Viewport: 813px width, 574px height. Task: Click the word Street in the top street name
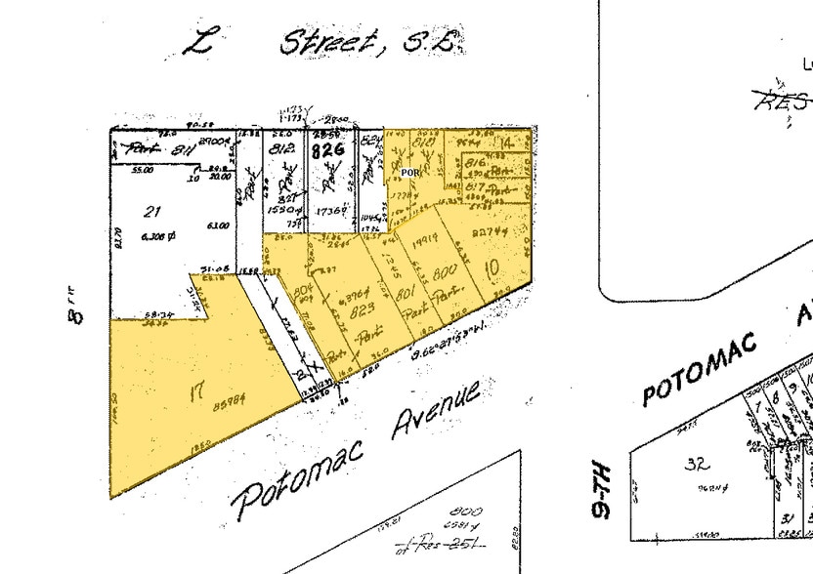326,42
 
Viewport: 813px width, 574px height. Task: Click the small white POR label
409,172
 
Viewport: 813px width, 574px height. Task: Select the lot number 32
696,464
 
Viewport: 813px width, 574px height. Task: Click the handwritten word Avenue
438,414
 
